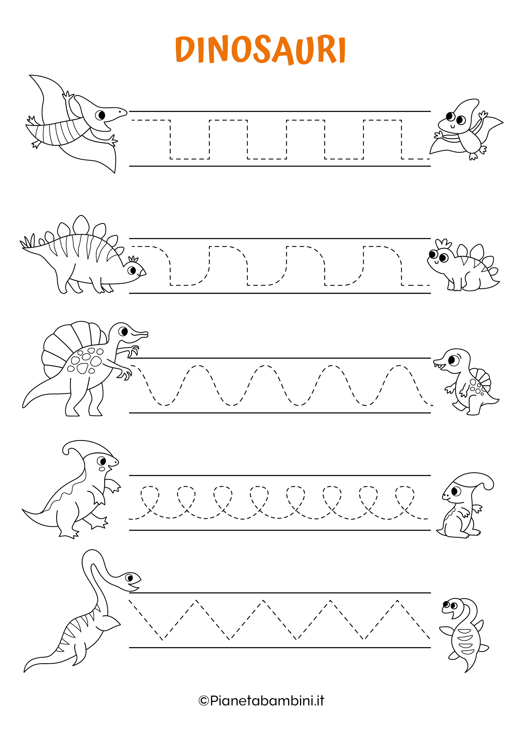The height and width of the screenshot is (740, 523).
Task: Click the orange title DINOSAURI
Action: [260, 50]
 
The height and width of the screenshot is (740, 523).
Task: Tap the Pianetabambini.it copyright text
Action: [261, 701]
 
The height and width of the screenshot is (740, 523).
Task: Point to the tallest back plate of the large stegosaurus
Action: [81, 225]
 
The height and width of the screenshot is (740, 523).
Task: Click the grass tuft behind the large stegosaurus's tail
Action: [28, 241]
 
